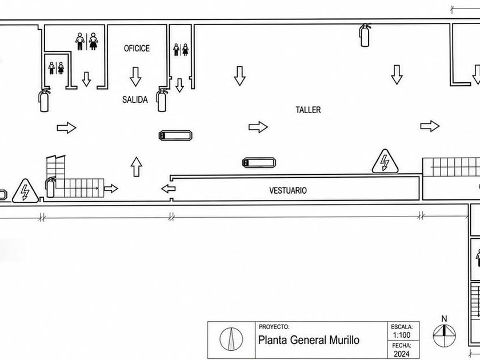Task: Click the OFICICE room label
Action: point(137,49)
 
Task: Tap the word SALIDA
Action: point(135,99)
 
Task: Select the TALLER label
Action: point(308,110)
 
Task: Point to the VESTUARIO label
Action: point(288,190)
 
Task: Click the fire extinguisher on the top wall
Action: point(365,35)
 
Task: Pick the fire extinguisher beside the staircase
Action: point(50,187)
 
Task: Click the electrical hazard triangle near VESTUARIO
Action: point(385,161)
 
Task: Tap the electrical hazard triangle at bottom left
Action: point(25,191)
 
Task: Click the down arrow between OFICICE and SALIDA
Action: point(135,77)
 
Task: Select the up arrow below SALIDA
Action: point(136,167)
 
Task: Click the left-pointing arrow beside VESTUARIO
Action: point(169,189)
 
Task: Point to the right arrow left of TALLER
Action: point(258,127)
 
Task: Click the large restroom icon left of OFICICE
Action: point(87,41)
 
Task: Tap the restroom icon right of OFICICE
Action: point(181,50)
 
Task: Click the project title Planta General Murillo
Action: point(309,340)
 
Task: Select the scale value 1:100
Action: point(402,335)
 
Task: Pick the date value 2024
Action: point(402,354)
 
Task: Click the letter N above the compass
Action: point(444,319)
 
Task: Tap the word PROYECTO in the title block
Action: point(274,327)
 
